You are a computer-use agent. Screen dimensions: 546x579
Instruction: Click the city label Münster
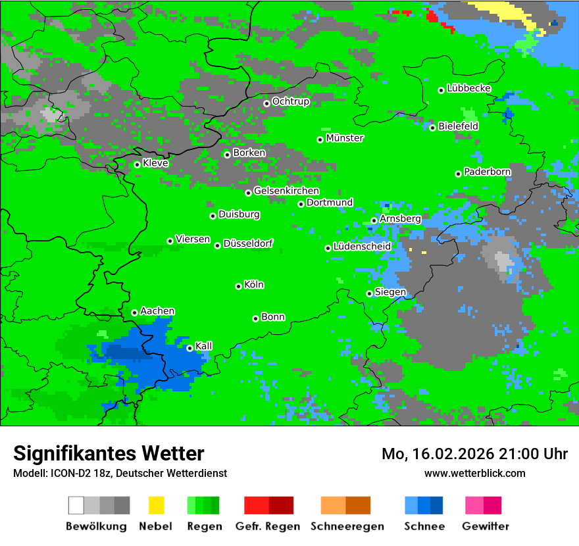[x=345, y=138]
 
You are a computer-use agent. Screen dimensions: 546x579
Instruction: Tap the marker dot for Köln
[x=238, y=286]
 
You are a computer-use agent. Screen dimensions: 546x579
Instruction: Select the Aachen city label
[x=157, y=311]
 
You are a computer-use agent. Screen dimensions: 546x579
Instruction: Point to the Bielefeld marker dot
[x=432, y=127]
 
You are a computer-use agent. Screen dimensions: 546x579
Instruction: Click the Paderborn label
[x=487, y=172]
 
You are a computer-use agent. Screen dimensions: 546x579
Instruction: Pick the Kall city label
[x=204, y=346]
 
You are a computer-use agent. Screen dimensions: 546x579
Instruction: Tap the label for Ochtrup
[x=291, y=101]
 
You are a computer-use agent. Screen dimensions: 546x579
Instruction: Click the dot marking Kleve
[x=137, y=164]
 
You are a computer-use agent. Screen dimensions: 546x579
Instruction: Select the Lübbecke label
[x=468, y=88]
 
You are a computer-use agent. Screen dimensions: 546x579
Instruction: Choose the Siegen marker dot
[x=369, y=293]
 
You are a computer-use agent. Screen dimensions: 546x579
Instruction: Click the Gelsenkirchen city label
[x=286, y=191]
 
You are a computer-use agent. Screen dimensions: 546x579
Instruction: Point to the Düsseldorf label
[x=248, y=243]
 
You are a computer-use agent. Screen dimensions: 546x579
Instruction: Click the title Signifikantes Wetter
[x=109, y=453]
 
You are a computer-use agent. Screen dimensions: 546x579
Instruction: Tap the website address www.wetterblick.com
[x=474, y=473]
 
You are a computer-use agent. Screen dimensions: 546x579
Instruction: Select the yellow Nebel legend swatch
[x=156, y=505]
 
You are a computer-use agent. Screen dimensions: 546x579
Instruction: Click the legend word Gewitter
[x=486, y=526]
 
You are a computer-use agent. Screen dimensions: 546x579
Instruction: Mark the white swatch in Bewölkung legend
[x=76, y=505]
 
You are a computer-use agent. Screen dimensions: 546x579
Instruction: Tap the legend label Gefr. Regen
[x=268, y=526]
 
